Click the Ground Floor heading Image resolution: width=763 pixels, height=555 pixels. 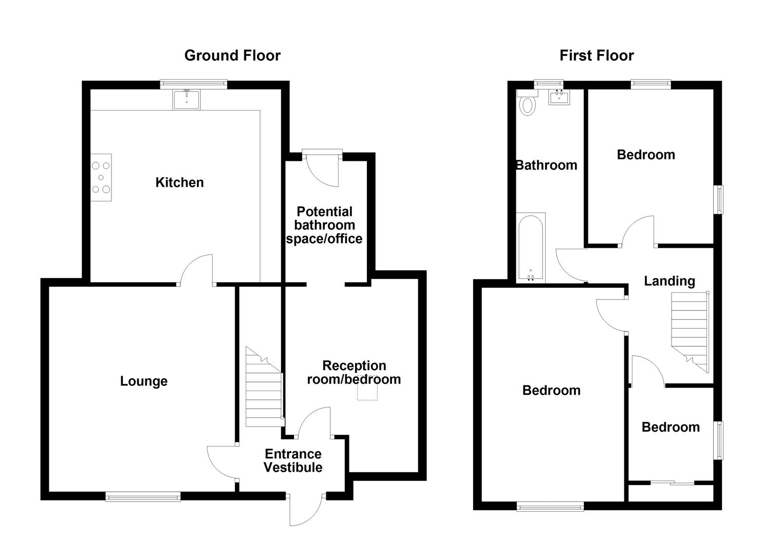(x=232, y=55)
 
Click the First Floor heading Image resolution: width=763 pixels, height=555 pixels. (x=596, y=55)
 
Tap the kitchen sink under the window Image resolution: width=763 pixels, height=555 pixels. (x=187, y=99)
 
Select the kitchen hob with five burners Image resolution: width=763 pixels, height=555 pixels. (x=101, y=177)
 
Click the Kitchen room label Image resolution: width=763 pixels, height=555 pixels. (x=179, y=182)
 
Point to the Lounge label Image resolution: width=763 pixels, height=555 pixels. (x=143, y=381)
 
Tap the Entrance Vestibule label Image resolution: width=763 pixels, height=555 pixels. (x=293, y=460)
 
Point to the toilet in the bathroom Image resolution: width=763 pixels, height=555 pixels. (x=527, y=105)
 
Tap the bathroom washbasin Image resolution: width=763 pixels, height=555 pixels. (x=559, y=97)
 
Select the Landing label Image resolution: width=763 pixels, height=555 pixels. (x=669, y=281)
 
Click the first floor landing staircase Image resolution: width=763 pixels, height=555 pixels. (x=690, y=329)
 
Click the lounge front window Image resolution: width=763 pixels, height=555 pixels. (x=143, y=496)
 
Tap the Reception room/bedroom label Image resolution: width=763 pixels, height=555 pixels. (x=353, y=373)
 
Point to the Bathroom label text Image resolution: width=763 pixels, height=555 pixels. (x=546, y=165)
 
